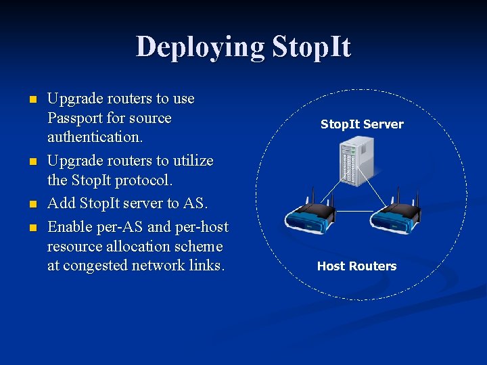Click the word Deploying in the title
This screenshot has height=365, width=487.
point(200,47)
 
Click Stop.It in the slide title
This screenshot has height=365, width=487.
point(312,47)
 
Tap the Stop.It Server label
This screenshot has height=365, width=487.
point(361,124)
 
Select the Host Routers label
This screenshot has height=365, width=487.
point(356,266)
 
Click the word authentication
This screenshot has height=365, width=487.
point(95,137)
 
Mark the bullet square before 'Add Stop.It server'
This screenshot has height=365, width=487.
point(31,203)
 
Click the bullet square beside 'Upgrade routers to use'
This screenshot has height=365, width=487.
point(31,100)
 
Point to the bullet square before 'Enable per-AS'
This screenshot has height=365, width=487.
point(31,228)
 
